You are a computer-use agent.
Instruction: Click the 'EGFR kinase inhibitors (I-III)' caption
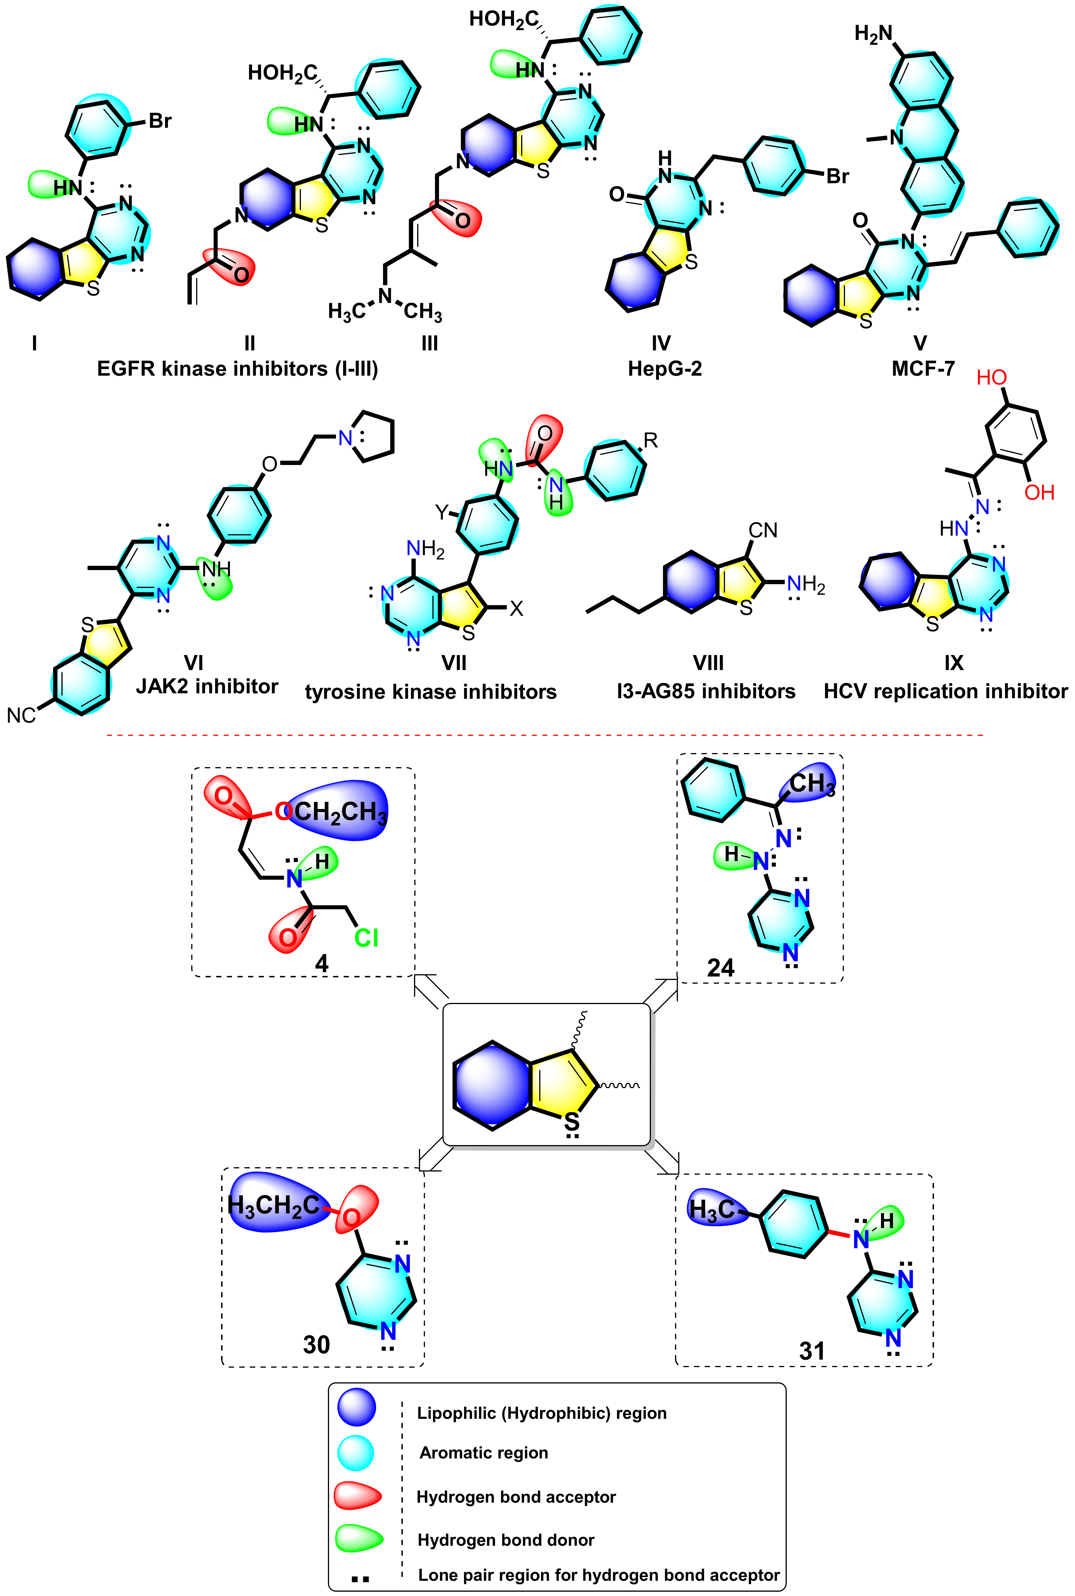coord(237,369)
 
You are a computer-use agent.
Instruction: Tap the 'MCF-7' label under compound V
coord(923,369)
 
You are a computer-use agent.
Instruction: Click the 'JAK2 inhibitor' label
coord(207,686)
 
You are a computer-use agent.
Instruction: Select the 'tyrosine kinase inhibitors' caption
coord(431,692)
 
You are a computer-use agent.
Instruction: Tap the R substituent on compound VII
coord(651,441)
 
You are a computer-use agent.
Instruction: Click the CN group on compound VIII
coord(763,530)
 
